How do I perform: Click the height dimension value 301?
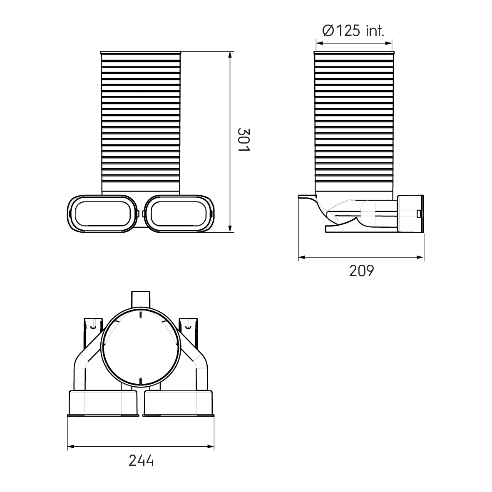[244, 140]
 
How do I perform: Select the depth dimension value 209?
[361, 271]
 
